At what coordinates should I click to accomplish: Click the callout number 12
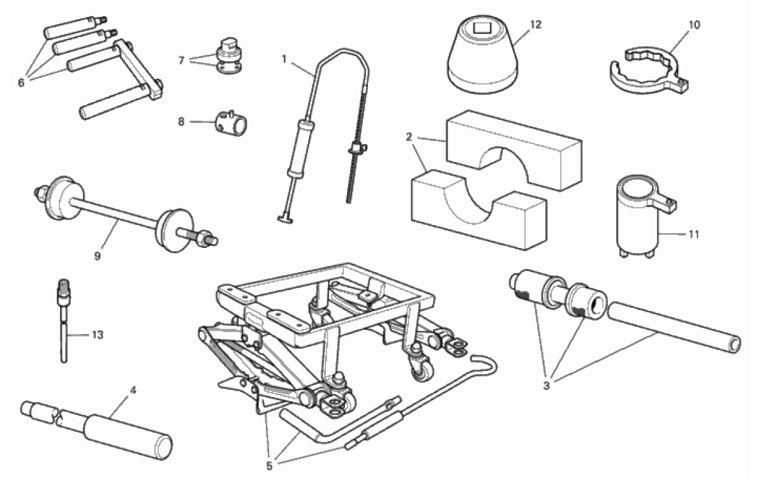pyautogui.click(x=536, y=25)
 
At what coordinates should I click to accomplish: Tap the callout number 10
pyautogui.click(x=694, y=25)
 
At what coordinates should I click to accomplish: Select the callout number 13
pyautogui.click(x=98, y=335)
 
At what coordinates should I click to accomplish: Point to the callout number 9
pyautogui.click(x=98, y=256)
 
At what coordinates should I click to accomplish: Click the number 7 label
pyautogui.click(x=181, y=61)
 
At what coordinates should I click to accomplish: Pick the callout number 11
pyautogui.click(x=694, y=235)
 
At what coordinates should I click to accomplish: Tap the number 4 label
pyautogui.click(x=133, y=390)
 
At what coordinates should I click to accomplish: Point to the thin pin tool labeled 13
pyautogui.click(x=64, y=321)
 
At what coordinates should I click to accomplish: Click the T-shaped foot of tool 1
pyautogui.click(x=285, y=219)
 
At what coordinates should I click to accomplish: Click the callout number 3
pyautogui.click(x=547, y=386)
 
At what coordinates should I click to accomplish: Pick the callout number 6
pyautogui.click(x=21, y=83)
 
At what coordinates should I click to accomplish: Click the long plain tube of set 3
pyautogui.click(x=674, y=328)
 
